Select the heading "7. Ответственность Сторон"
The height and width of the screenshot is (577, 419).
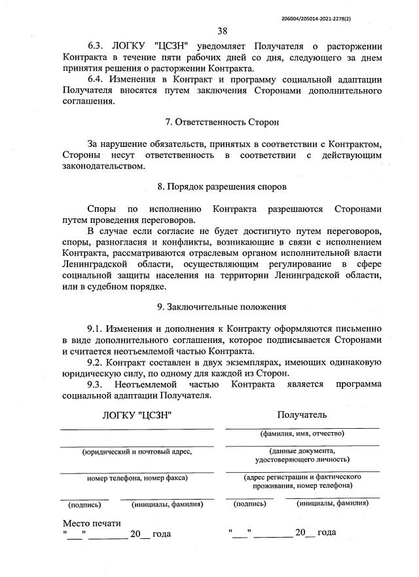222,122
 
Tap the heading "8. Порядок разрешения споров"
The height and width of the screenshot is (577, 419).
222,187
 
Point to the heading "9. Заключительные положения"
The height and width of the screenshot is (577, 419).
222,306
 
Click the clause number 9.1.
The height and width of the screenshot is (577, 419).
96,327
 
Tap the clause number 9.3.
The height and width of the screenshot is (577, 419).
96,384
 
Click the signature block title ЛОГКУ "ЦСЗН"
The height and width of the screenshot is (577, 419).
137,415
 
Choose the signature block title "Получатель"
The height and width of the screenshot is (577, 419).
302,414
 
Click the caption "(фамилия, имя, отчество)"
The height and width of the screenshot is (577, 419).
302,433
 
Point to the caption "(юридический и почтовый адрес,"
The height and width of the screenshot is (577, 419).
136,452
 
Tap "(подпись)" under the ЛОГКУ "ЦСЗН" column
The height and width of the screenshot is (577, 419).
84,504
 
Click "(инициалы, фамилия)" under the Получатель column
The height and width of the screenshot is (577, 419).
332,504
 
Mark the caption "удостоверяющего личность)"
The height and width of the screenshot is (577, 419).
302,460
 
